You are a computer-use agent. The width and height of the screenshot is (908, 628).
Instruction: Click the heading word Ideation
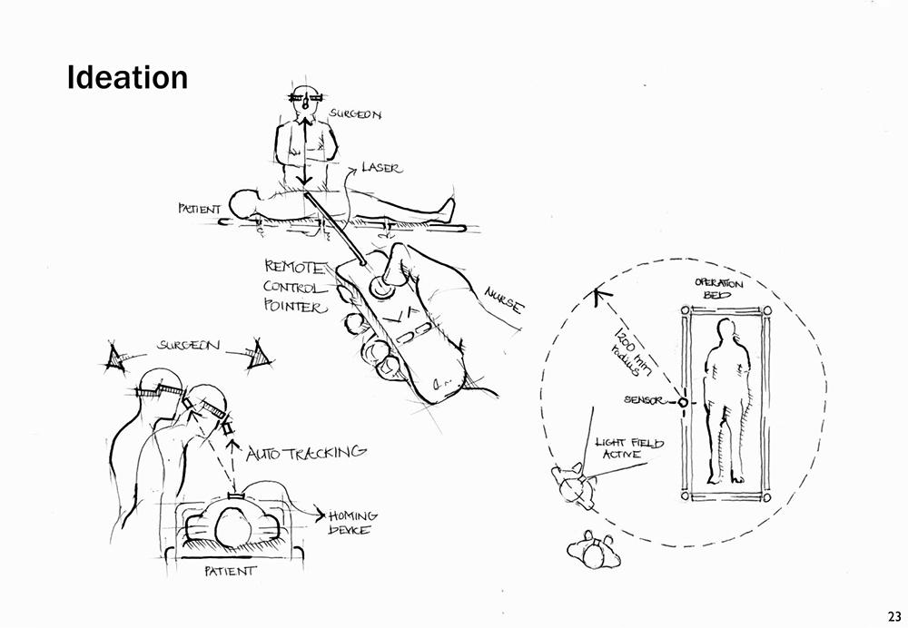coord(127,77)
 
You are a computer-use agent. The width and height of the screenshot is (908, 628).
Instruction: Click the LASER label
coord(380,168)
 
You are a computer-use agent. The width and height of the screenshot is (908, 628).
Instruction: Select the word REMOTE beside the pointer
coord(292,267)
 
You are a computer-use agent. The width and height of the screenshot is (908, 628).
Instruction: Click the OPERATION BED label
coord(719,289)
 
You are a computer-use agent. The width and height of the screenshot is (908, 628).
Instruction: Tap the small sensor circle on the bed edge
coord(683,400)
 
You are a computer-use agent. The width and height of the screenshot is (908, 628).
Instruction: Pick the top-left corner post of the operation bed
coord(684,309)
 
